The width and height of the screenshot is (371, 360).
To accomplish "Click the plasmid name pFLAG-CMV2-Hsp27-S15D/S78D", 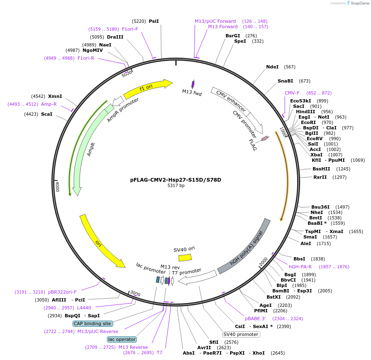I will click(x=176, y=180).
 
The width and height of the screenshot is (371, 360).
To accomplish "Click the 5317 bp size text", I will click(x=176, y=185).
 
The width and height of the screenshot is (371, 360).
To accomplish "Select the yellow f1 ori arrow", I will click(x=148, y=87).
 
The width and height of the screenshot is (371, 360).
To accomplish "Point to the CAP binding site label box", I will click(x=92, y=324).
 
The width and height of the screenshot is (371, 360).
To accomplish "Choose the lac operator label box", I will click(x=122, y=339).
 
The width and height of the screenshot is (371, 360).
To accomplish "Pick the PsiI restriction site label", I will click(x=154, y=21).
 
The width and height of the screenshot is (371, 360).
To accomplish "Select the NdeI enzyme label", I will click(x=272, y=67).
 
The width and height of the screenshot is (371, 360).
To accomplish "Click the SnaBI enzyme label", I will click(x=285, y=81).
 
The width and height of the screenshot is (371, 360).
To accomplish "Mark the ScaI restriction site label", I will click(x=47, y=114).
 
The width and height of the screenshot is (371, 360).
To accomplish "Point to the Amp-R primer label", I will click(x=48, y=104).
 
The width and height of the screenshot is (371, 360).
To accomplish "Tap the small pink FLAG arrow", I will click(x=264, y=138).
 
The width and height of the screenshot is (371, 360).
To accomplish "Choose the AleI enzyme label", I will click(x=306, y=243).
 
